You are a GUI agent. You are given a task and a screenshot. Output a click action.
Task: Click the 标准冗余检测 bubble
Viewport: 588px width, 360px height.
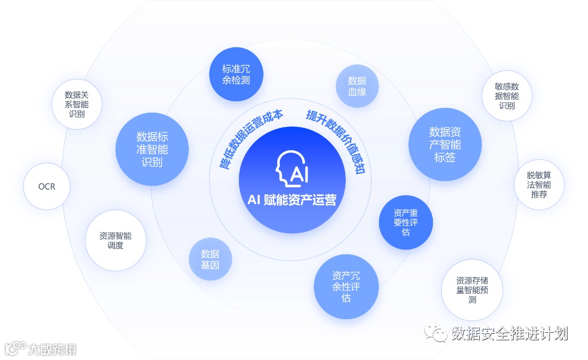tap(236, 75)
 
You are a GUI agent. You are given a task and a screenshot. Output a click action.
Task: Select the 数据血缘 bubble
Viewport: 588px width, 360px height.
tap(357, 86)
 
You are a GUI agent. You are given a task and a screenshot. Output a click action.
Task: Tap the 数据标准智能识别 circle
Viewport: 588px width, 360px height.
tap(152, 149)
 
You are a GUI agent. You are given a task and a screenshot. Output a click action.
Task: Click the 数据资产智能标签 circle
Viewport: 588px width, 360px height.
tap(445, 144)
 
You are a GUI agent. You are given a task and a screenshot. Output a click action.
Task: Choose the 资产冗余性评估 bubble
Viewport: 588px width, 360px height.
tap(346, 286)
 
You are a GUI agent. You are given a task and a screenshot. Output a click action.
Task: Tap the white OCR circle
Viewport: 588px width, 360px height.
tap(47, 186)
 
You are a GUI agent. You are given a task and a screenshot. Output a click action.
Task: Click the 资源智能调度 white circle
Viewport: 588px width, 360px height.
tap(115, 241)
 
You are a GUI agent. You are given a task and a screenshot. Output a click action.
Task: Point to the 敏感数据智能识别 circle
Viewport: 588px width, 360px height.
tap(506, 96)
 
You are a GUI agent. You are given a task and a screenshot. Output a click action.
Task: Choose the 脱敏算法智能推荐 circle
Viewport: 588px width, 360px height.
tap(538, 185)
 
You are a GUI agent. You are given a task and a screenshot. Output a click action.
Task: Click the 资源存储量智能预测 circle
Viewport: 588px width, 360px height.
tap(472, 290)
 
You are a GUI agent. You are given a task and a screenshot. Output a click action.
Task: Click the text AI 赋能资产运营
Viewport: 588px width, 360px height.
tap(292, 200)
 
